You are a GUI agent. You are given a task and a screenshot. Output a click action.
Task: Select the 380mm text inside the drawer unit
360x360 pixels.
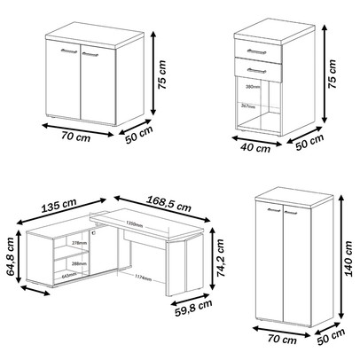point(252,87)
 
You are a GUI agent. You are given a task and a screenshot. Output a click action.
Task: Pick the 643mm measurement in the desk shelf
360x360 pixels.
point(67,276)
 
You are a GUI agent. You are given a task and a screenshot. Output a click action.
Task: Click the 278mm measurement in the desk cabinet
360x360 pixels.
point(77,242)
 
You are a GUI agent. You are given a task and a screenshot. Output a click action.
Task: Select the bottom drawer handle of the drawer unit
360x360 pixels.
point(256,68)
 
